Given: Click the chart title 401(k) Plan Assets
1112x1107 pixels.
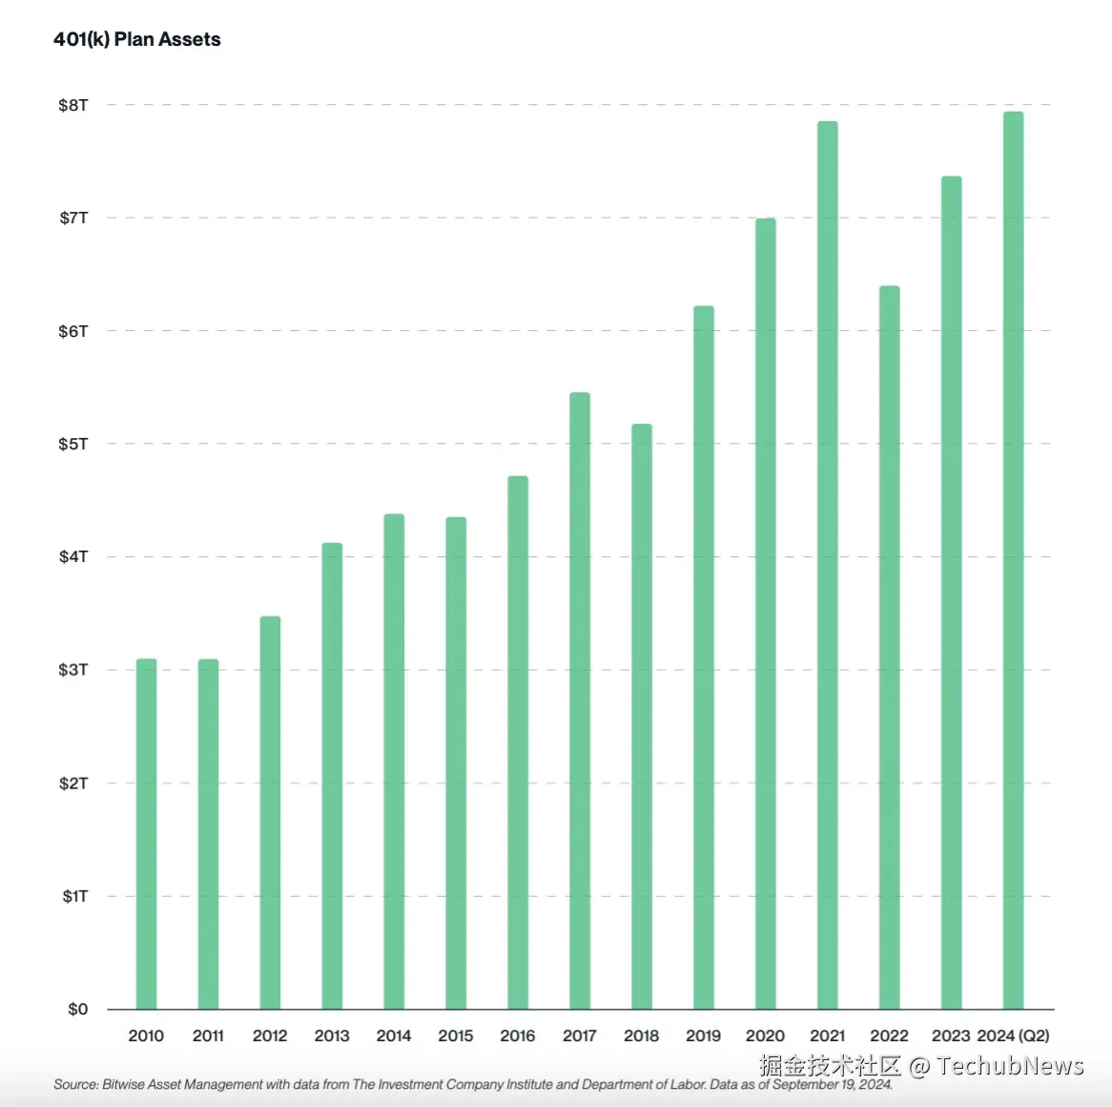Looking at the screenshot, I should (x=137, y=39).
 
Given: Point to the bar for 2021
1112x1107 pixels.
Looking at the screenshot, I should (x=828, y=564).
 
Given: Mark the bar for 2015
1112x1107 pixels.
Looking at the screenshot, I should (x=456, y=762).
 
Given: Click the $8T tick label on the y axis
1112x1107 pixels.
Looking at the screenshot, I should (x=73, y=105).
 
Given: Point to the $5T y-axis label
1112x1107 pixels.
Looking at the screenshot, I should (x=73, y=444).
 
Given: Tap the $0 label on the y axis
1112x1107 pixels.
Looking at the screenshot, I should (x=77, y=1009).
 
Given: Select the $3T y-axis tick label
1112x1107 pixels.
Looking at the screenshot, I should (x=73, y=670).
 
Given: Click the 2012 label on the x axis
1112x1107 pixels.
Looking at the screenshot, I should (x=270, y=1035).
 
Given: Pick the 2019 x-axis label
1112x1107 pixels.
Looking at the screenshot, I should (x=704, y=1035).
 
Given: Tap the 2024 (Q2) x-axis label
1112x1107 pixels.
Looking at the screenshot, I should (x=1013, y=1035).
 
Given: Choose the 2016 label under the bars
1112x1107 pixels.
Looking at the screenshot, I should (x=518, y=1035).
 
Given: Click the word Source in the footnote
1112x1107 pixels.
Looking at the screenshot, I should (x=74, y=1084).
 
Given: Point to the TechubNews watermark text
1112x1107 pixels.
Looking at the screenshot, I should (x=1010, y=1066).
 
